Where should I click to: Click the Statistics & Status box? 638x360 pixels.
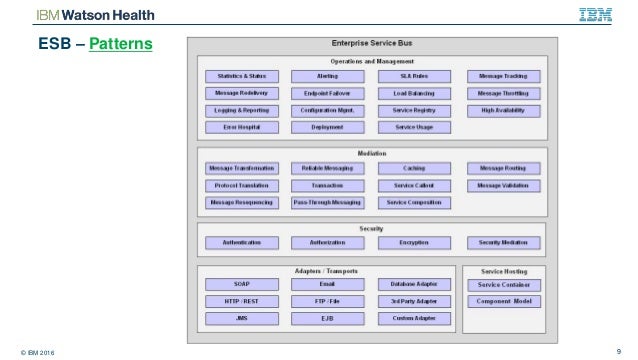click(x=240, y=76)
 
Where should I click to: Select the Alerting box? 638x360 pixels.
click(x=328, y=76)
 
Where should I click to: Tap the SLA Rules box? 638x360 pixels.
click(x=414, y=76)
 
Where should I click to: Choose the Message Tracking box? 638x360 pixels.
click(x=503, y=76)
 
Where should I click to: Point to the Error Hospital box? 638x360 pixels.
click(x=240, y=128)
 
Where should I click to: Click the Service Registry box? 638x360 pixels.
click(x=414, y=110)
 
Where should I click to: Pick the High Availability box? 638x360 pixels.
click(x=503, y=110)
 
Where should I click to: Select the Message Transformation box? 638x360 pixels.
click(x=240, y=168)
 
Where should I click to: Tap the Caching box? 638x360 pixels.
click(x=414, y=168)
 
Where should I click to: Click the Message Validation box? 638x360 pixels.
click(x=503, y=185)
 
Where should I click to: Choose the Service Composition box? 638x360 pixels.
click(x=414, y=202)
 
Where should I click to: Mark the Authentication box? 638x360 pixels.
click(x=240, y=243)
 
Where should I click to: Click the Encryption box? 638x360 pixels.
click(x=414, y=243)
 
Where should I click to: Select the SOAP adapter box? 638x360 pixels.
click(x=240, y=284)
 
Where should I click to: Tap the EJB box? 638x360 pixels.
click(x=328, y=318)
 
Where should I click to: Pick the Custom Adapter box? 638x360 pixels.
click(x=414, y=318)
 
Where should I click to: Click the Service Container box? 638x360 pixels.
click(x=503, y=284)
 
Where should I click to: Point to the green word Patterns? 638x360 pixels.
click(x=119, y=46)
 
